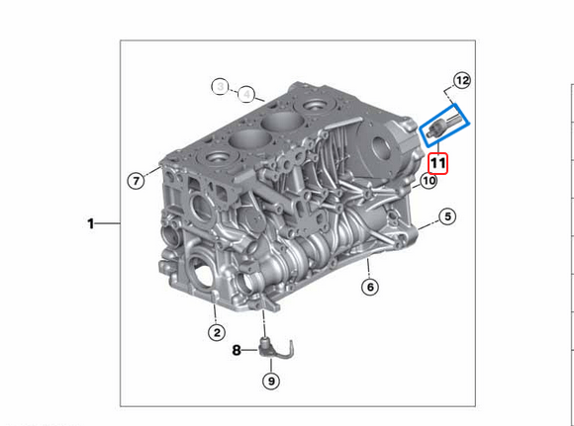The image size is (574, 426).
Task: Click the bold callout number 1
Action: pyautogui.click(x=91, y=224)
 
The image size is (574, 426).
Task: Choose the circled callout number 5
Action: pyautogui.click(x=447, y=216)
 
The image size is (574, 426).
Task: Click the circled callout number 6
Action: pyautogui.click(x=369, y=288)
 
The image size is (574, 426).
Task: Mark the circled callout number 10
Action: pyautogui.click(x=428, y=181)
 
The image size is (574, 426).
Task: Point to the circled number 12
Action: pyautogui.click(x=462, y=80)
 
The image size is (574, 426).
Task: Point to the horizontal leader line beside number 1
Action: pyautogui.click(x=110, y=224)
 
